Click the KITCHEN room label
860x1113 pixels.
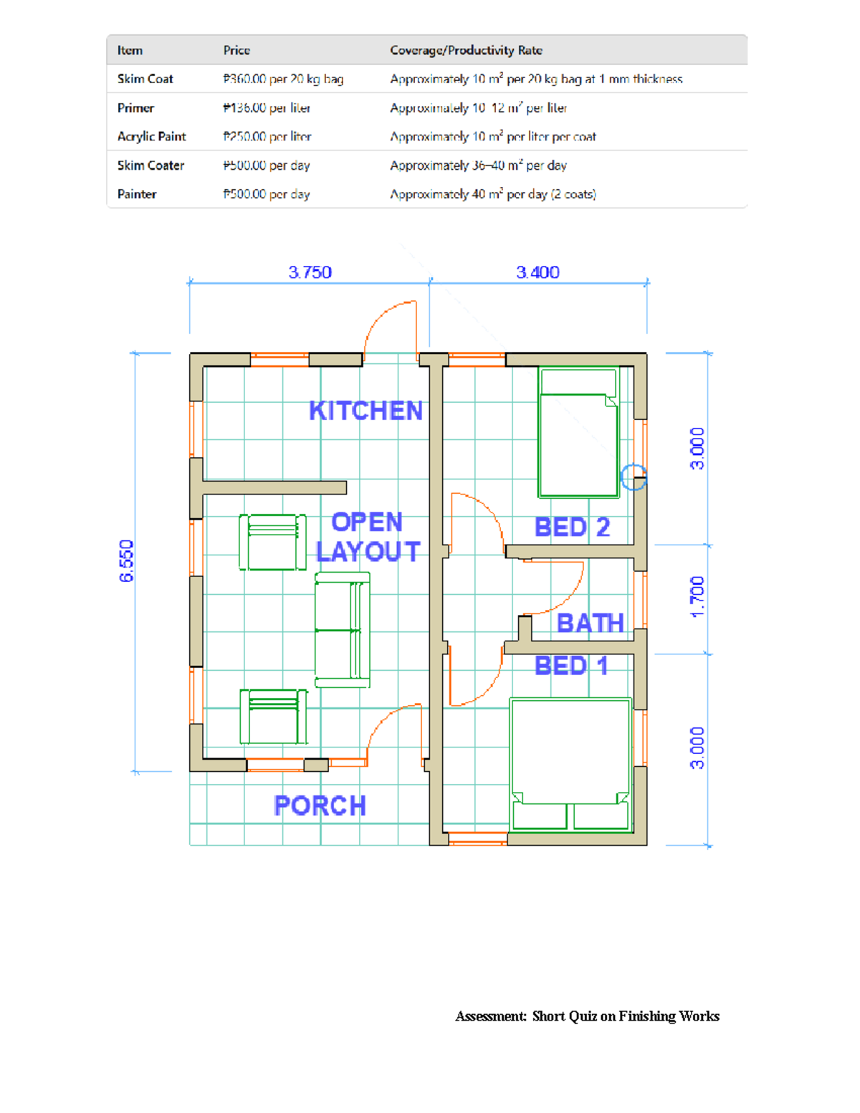pos(365,411)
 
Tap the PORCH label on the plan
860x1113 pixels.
pos(320,806)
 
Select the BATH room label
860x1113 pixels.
pos(590,624)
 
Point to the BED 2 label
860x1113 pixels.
pos(572,527)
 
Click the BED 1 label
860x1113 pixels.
pos(571,666)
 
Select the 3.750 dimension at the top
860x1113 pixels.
pos(310,272)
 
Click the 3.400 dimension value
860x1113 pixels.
pos(537,272)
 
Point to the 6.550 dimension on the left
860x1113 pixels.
pos(127,560)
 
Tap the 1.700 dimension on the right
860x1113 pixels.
pos(697,596)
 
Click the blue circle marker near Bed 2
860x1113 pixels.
pos(634,477)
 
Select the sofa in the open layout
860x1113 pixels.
pos(343,630)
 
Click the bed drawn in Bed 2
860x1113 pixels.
pos(578,432)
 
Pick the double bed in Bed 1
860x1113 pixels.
pos(571,764)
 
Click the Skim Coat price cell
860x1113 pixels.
pos(283,79)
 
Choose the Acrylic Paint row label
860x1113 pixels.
pos(151,136)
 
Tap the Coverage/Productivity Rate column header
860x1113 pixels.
pos(466,50)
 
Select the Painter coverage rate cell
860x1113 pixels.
pos(492,194)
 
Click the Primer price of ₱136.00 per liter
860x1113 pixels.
pos(267,108)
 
